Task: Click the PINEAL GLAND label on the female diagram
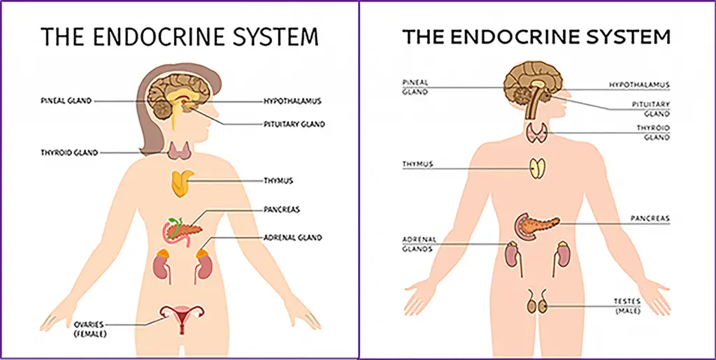(x=66, y=101)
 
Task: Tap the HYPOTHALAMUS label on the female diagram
(x=292, y=101)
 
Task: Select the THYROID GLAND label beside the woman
(x=69, y=153)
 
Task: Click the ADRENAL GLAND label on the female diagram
(x=293, y=237)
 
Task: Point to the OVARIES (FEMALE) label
(x=89, y=329)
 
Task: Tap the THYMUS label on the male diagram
(x=417, y=164)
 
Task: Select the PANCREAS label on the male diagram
(x=650, y=219)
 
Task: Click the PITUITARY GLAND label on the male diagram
(x=651, y=109)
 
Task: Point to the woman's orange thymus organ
(x=182, y=183)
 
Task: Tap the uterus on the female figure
(x=182, y=315)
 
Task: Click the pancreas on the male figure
(x=535, y=225)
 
